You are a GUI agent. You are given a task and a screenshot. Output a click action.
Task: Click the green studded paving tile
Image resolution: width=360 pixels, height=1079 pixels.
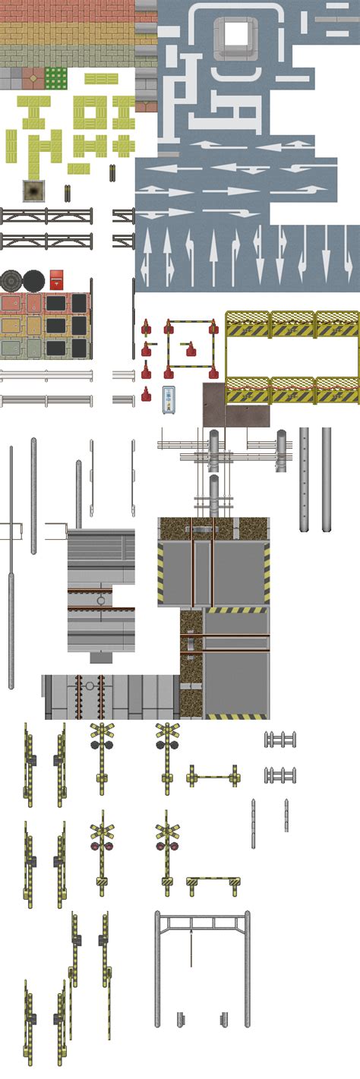pyautogui.click(x=55, y=77)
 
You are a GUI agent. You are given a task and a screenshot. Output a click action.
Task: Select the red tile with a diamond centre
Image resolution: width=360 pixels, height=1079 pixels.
pyautogui.click(x=33, y=77)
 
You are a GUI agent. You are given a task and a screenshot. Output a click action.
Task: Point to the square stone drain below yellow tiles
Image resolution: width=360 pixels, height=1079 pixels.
pyautogui.click(x=33, y=190)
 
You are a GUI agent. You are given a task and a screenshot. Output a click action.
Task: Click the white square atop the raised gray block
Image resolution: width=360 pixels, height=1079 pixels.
pyautogui.click(x=235, y=33)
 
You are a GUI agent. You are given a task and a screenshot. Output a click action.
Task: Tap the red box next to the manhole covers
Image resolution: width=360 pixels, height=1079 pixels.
pyautogui.click(x=57, y=279)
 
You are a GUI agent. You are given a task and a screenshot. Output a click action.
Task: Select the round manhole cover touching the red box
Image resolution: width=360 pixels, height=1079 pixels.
pyautogui.click(x=33, y=279)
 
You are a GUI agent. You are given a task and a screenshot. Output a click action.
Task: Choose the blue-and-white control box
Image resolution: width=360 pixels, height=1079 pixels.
pyautogui.click(x=169, y=399)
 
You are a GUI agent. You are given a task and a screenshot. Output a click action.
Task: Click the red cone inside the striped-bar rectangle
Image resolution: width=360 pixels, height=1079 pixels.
pyautogui.click(x=190, y=350)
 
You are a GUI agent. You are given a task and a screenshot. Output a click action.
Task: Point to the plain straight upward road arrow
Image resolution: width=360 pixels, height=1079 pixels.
pyautogui.click(x=213, y=254)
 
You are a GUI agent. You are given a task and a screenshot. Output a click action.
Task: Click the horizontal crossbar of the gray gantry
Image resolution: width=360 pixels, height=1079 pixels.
pyautogui.click(x=202, y=923)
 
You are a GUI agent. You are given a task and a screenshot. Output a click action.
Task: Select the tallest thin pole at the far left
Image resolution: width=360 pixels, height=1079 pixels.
pyautogui.click(x=11, y=566)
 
